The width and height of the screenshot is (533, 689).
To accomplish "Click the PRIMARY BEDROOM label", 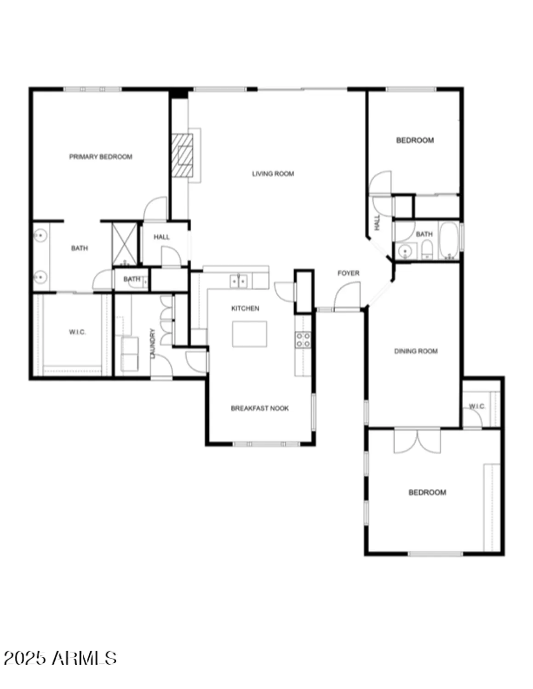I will pos(101,157).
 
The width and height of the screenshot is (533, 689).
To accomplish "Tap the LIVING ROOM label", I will pos(273,174).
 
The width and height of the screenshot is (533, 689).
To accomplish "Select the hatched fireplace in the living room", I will pos(182,155).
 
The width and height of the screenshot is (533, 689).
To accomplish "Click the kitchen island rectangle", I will pos(249,334).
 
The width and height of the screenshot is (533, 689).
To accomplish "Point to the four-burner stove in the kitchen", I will pos(303,340).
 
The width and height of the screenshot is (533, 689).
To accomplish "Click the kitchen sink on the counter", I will pos(239,281).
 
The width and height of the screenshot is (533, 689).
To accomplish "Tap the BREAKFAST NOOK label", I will pos(260,408).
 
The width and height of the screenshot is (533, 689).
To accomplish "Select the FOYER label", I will pos(348,273).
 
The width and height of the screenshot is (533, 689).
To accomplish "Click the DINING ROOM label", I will pos(416,351).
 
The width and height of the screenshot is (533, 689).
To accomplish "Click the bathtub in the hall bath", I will pos(449,241).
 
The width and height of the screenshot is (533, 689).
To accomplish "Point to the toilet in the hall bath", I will pos(426,251).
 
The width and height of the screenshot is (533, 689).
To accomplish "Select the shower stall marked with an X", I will pos(125,244).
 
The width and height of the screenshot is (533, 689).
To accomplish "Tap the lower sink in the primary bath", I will pos(40,277).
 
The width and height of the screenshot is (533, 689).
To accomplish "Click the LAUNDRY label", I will pos(153,343).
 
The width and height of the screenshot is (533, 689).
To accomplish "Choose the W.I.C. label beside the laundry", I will pos(77,332).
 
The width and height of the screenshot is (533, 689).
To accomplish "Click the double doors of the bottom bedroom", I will pos(417,441).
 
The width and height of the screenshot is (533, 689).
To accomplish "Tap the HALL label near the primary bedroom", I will pos(161,237).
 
